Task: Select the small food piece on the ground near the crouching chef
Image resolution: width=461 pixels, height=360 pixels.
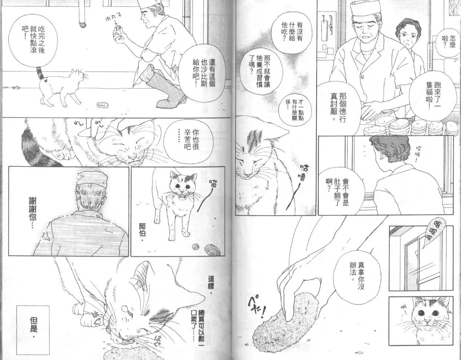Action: tap(101, 105)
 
